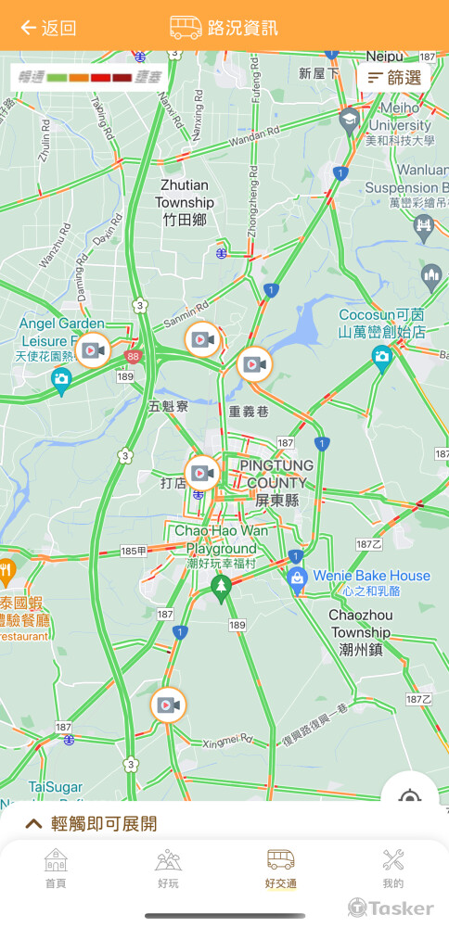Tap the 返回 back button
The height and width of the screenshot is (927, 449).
coord(48,28)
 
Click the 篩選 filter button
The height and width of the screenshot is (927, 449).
coord(393,78)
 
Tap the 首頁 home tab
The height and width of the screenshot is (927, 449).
coord(56,868)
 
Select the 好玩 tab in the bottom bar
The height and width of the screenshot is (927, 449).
coord(168,868)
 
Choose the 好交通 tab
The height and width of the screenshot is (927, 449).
coord(280,868)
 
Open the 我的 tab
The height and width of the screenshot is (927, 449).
coord(392,868)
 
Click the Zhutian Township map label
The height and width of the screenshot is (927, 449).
coord(185,202)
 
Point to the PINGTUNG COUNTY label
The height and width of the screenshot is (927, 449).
coord(272,481)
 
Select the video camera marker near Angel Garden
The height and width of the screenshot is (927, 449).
coord(92,350)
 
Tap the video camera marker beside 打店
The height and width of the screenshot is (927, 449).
coord(203,473)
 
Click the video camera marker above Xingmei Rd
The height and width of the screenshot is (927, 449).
coord(168,705)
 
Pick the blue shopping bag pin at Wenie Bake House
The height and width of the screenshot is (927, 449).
coord(298,580)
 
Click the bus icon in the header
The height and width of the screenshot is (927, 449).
coord(186,28)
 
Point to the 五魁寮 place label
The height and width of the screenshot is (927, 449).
coord(168,406)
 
